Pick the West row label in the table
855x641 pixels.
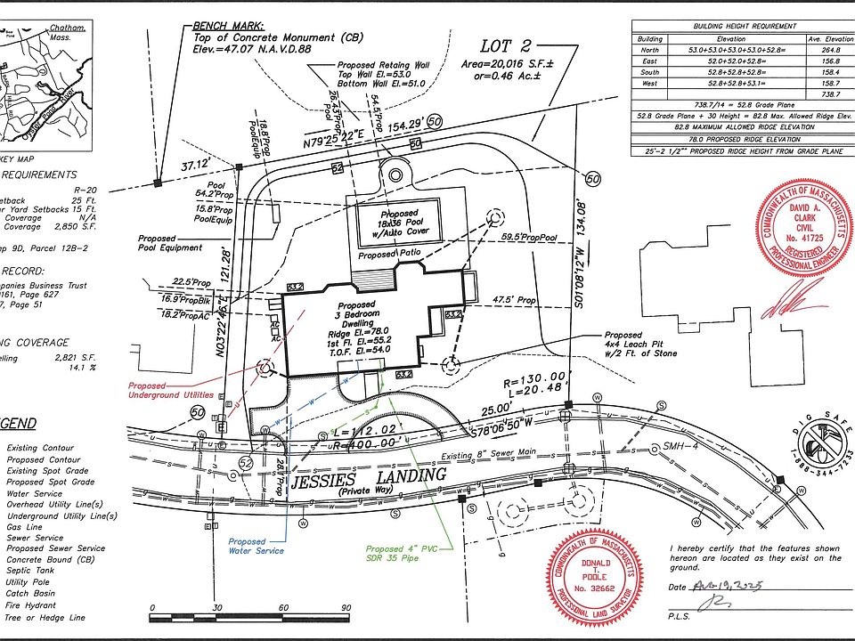coord(649,83)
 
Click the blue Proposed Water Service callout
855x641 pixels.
coord(256,546)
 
